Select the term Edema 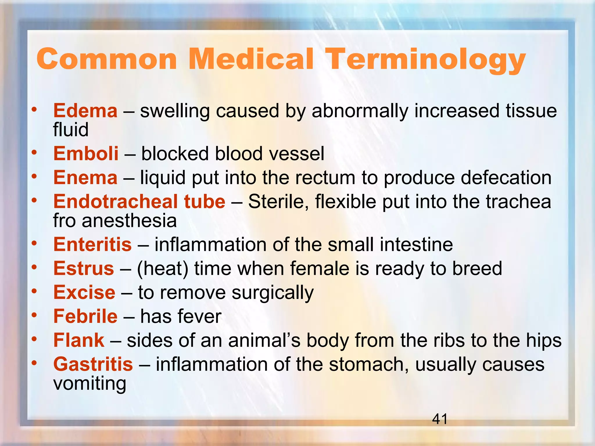point(85,111)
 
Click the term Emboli point(86,154)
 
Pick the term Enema point(85,178)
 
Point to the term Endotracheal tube point(139,202)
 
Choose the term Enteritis point(92,244)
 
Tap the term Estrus point(84,268)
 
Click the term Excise point(84,292)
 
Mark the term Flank point(79,340)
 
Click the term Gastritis point(93,364)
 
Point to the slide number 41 point(440,419)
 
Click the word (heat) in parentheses point(162,269)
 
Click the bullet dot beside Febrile point(35,315)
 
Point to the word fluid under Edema point(71,130)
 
